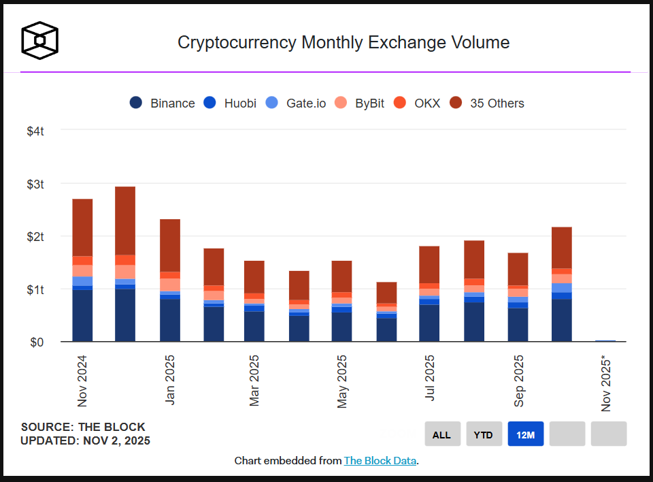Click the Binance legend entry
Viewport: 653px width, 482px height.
(x=162, y=103)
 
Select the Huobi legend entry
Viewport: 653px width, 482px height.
(x=231, y=103)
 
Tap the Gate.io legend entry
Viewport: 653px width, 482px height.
(x=296, y=103)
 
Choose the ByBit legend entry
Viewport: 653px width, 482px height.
(x=360, y=103)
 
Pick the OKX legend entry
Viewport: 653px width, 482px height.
(x=418, y=103)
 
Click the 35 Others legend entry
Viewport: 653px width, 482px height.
(x=487, y=103)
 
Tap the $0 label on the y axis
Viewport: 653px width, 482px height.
(x=37, y=342)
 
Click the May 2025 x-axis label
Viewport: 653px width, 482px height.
(x=342, y=381)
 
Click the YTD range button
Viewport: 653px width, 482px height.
(x=484, y=434)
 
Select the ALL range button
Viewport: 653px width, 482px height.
(x=442, y=434)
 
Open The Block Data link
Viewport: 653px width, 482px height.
(x=380, y=461)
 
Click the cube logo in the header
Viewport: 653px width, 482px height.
(x=39, y=39)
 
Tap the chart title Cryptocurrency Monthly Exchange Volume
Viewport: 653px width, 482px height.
(x=344, y=42)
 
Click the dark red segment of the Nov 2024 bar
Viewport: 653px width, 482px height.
(x=82, y=227)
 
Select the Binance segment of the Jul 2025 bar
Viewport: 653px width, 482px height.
(x=429, y=323)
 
